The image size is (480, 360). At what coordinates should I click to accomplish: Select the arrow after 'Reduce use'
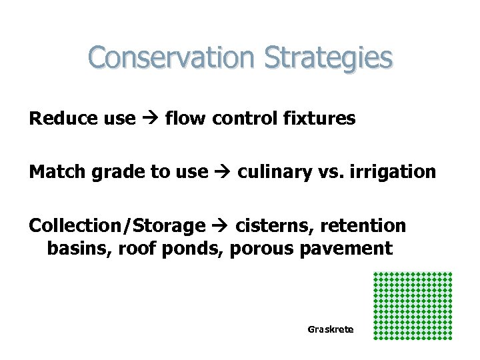[x=149, y=120]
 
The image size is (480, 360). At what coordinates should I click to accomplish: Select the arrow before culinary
[x=223, y=173]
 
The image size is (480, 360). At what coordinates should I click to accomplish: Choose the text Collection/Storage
[x=117, y=226]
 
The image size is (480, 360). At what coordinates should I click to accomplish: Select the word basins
[x=74, y=249]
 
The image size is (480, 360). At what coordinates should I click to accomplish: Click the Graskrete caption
[x=331, y=329]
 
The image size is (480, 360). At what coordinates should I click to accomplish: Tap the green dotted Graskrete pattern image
[x=413, y=305]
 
